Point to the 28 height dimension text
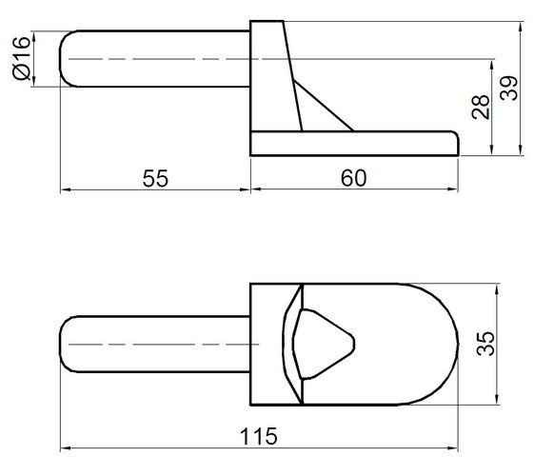480,107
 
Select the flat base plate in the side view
352,143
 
